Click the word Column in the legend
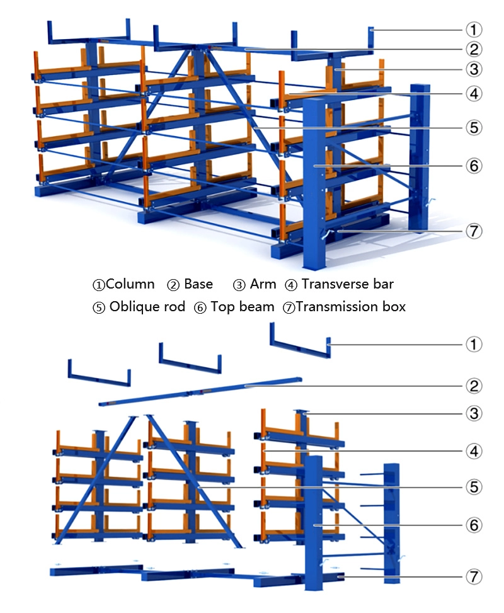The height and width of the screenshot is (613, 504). pos(130,284)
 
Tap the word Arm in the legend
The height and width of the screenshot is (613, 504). pos(263,284)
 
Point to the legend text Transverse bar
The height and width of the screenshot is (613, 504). pos(347,284)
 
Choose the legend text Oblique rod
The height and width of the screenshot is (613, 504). pos(147,307)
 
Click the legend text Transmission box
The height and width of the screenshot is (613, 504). pos(351,307)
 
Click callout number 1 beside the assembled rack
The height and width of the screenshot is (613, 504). pos(474,29)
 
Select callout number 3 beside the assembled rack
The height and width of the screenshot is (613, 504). pos(474,69)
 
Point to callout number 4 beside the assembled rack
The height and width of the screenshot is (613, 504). pos(474,95)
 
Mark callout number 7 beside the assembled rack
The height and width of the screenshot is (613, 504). pos(474,231)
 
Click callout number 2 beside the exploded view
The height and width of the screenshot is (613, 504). pos(474,386)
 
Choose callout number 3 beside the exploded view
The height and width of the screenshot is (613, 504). pos(474,414)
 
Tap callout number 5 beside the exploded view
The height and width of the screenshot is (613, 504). pos(474,487)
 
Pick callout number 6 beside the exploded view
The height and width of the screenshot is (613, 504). pos(474,525)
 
